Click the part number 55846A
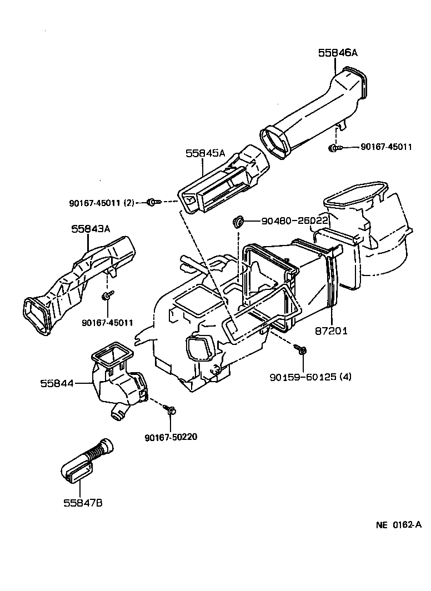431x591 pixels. coord(338,53)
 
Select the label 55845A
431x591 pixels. coord(206,153)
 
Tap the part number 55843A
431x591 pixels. coord(91,228)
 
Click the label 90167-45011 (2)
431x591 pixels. coord(102,203)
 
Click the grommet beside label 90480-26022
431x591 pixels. coord(238,222)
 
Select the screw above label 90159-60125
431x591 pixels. coord(302,349)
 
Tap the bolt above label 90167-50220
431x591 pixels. coord(171,410)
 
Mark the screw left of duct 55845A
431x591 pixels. coord(152,203)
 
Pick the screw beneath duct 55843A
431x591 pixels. coord(105,296)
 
